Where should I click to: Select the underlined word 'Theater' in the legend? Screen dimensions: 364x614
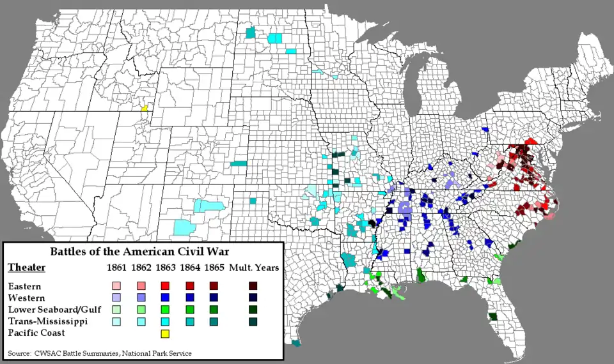pos(26,268)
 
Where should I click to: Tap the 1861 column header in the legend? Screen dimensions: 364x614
pos(116,268)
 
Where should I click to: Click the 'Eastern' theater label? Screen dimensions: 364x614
pos(24,286)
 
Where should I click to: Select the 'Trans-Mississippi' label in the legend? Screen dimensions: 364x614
pos(47,321)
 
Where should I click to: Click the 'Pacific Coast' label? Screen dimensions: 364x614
pos(36,333)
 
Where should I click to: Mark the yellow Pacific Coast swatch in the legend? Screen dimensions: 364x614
pos(165,333)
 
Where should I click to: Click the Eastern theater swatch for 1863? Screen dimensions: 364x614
pos(165,286)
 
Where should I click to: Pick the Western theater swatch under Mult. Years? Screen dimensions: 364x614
pos(253,298)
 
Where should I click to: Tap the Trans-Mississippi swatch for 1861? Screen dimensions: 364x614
pos(116,321)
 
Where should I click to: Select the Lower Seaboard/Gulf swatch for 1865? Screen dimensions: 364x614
pos(214,309)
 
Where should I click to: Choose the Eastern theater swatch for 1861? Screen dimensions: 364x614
pos(116,286)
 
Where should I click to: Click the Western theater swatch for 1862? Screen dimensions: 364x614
pos(141,298)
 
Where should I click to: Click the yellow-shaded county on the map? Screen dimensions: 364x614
pos(145,108)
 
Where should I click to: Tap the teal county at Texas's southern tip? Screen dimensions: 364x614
pos(296,344)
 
